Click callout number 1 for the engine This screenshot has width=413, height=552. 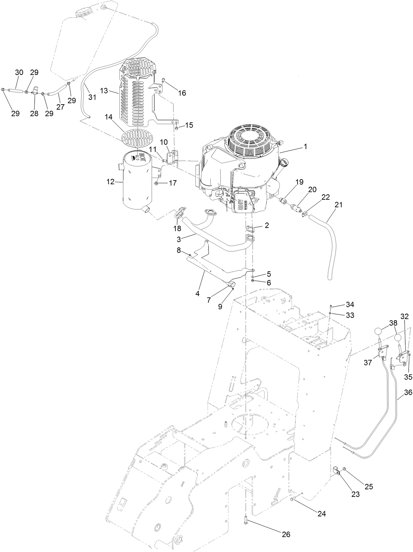pos(305,147)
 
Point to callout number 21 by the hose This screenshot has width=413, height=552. pos(338,205)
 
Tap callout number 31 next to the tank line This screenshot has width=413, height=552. pos(92,97)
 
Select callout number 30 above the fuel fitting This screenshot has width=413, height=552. pos(19,72)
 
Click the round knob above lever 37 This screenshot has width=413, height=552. pos(379,331)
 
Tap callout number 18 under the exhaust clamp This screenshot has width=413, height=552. pos(177,229)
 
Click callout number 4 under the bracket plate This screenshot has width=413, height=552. pos(197,293)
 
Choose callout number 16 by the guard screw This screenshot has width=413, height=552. pos(182,93)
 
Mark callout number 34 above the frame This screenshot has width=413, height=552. pos(350,305)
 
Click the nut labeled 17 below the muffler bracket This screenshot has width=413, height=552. pos(157,183)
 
